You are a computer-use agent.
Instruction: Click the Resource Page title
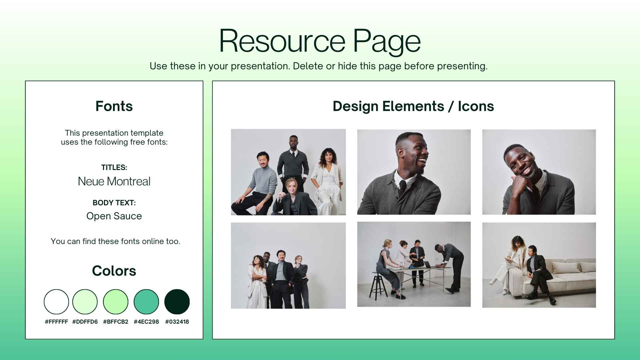(320, 41)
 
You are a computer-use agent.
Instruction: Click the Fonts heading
(114, 106)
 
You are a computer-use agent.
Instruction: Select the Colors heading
(114, 271)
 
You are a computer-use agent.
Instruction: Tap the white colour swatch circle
(56, 302)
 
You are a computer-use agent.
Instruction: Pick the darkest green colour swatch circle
(177, 302)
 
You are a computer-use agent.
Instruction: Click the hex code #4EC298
(146, 322)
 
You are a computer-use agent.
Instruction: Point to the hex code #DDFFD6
(85, 322)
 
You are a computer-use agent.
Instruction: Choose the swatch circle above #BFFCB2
(116, 302)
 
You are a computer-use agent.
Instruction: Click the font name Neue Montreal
(114, 181)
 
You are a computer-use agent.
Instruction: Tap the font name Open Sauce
(114, 216)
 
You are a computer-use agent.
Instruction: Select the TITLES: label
(114, 167)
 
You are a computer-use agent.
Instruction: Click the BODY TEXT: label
(114, 203)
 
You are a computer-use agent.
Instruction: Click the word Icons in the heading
(476, 106)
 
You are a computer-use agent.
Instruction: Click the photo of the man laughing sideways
(414, 172)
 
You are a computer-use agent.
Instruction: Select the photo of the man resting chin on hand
(539, 172)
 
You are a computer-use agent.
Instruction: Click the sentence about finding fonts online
(115, 241)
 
